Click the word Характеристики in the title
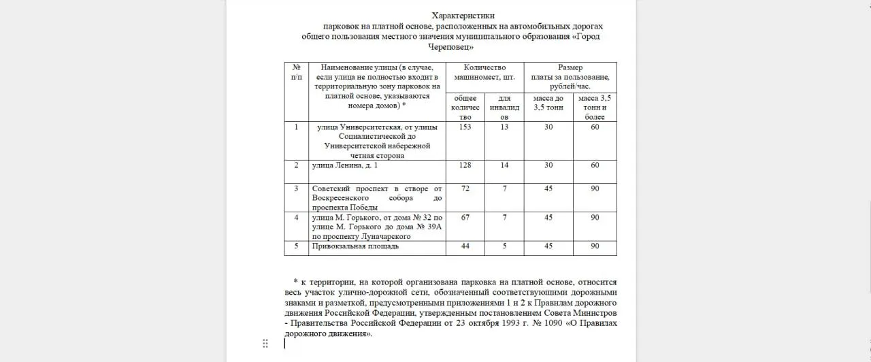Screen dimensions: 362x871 [x=463, y=16]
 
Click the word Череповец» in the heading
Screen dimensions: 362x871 [x=450, y=47]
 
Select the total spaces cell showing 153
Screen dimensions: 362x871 [x=465, y=127]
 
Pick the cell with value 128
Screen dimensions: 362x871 [x=465, y=165]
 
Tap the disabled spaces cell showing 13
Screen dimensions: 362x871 [x=504, y=127]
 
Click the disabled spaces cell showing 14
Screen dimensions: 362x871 [x=504, y=165]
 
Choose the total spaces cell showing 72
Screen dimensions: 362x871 [x=465, y=188]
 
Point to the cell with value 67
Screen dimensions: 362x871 [x=465, y=217]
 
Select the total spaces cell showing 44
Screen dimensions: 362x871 [x=465, y=246]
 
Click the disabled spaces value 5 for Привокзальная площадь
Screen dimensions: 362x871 [x=504, y=246]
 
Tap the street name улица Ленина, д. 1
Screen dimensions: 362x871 [x=344, y=165]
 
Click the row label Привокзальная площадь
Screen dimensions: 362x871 [x=355, y=246]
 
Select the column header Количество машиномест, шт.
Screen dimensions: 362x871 [x=484, y=72]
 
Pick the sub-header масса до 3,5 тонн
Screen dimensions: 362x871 [x=548, y=103]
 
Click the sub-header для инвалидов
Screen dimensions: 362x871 [x=504, y=108]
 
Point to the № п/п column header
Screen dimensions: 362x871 [x=296, y=72]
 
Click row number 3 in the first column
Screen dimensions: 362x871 [x=296, y=188]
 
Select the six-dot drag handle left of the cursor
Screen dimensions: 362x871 [x=265, y=344]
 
